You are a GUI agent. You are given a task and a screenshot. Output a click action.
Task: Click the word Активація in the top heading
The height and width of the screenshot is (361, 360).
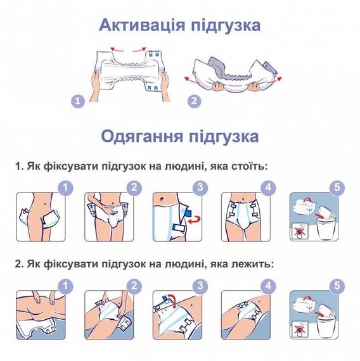[x=142, y=25]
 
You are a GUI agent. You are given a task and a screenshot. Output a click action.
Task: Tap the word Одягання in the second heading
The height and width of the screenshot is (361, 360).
[x=142, y=136]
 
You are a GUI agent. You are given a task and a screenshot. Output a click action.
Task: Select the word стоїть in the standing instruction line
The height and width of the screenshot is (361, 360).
[x=250, y=166]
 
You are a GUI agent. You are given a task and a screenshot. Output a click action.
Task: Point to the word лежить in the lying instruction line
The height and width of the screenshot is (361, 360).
[x=253, y=264]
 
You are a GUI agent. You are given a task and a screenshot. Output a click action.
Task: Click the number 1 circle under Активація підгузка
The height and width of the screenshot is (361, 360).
[x=78, y=101]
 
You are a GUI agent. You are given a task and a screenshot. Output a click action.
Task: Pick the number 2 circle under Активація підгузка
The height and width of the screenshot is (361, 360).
[x=194, y=101]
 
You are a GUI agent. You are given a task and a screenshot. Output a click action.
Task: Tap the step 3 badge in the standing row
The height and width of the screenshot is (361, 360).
[x=200, y=187]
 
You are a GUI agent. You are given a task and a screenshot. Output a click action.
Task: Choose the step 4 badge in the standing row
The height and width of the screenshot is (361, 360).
[x=268, y=187]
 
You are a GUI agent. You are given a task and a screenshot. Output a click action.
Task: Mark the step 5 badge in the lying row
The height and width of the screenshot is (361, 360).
[x=337, y=286]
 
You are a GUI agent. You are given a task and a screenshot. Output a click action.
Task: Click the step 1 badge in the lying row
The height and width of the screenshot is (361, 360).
[x=65, y=286]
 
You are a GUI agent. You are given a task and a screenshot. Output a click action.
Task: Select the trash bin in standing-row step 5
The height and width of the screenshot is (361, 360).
[x=325, y=228]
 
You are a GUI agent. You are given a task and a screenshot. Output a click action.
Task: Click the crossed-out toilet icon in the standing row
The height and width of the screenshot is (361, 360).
[x=299, y=231]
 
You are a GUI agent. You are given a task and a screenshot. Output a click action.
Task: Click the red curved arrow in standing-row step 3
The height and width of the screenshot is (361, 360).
[x=195, y=220]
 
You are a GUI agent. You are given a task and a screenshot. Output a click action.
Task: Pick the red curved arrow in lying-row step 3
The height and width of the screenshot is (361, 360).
[x=172, y=301]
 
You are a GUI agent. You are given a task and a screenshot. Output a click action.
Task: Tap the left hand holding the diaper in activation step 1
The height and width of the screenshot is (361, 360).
[x=95, y=86]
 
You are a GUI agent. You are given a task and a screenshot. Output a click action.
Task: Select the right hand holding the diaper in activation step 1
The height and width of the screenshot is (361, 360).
[x=165, y=86]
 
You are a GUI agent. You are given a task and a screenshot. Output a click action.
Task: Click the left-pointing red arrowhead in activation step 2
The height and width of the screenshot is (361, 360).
[x=187, y=79]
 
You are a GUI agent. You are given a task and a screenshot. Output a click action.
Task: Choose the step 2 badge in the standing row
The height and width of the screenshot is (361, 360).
[x=134, y=187]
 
